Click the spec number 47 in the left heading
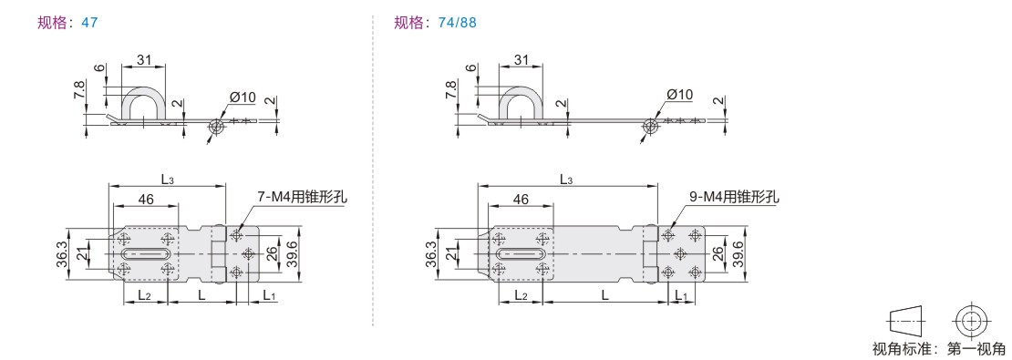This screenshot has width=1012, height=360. (x=89, y=23)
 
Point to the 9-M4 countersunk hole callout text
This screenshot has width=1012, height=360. (x=734, y=197)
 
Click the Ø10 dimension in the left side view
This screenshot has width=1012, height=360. (x=243, y=98)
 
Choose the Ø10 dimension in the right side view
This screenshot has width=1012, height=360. (x=679, y=94)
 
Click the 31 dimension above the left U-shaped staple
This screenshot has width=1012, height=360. (x=144, y=60)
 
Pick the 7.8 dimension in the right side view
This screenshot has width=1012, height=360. (x=452, y=89)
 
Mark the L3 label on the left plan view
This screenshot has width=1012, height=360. (x=167, y=180)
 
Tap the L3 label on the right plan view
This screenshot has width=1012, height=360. (x=566, y=180)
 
